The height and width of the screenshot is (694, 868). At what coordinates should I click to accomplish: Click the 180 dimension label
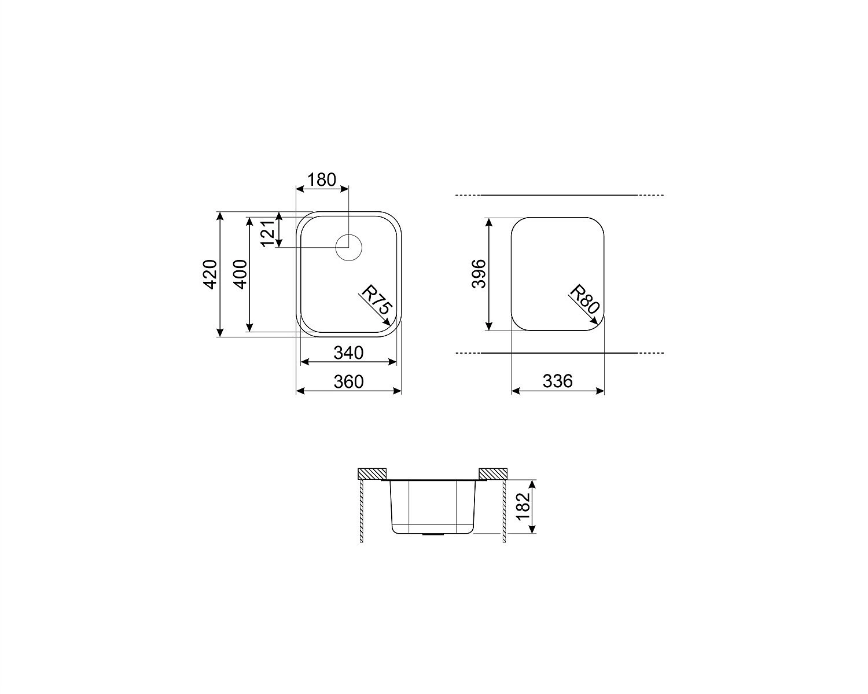pos(322,179)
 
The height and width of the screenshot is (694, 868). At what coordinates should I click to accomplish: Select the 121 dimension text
pos(268,234)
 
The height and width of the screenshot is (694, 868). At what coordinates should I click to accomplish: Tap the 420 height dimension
pos(209,274)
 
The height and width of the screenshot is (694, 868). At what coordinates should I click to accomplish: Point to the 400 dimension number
pos(240,274)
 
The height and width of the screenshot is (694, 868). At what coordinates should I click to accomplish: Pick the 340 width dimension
pos(348,353)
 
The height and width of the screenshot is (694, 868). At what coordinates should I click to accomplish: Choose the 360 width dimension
pos(348,381)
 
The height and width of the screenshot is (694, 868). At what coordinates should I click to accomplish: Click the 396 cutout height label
pos(479,274)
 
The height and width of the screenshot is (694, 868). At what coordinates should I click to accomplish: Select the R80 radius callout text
pos(585,299)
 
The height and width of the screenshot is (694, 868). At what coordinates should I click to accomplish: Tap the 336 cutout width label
pos(557,381)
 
